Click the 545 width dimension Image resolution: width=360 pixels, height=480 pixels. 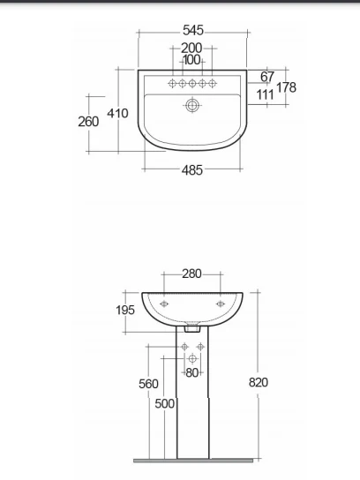click(x=193, y=30)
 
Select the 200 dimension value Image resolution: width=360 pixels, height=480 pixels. click(x=191, y=48)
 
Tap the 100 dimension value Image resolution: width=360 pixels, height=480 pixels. click(x=191, y=60)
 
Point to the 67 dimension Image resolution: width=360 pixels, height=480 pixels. click(x=267, y=77)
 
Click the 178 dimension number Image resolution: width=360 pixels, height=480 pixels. click(x=286, y=87)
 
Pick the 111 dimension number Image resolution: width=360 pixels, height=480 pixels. click(x=265, y=94)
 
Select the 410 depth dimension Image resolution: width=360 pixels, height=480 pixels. click(x=117, y=114)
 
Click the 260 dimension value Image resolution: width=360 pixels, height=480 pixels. click(x=88, y=122)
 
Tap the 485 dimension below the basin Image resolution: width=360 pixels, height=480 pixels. click(x=192, y=170)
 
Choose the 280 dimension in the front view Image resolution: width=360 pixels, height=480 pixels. click(x=192, y=274)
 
